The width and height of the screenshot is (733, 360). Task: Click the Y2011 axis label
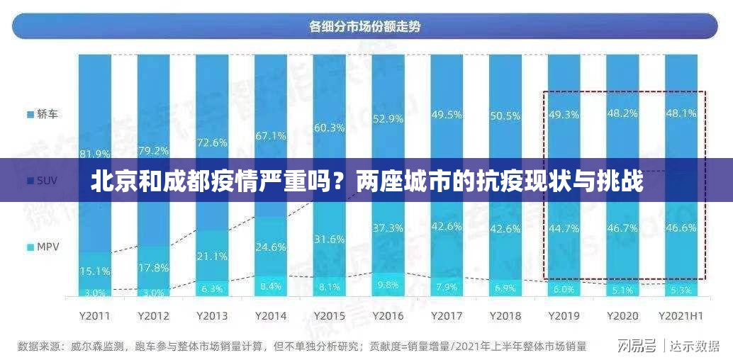tap(95, 315)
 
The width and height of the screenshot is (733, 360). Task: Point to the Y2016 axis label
tap(388, 315)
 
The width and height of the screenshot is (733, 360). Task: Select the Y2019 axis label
tap(564, 315)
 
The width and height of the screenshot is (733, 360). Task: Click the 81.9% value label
tap(95, 153)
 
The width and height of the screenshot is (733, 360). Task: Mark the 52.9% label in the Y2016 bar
tap(388, 118)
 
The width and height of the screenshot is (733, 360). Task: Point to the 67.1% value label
tap(271, 135)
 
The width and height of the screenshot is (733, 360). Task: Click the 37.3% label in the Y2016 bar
tap(388, 227)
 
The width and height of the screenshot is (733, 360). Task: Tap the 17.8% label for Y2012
tap(154, 267)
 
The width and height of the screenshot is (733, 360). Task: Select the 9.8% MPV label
tap(388, 285)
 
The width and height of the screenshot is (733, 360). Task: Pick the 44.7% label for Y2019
tap(564, 227)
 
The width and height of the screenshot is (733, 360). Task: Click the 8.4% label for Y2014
tap(271, 286)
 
